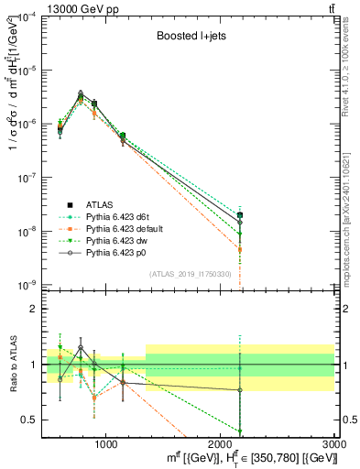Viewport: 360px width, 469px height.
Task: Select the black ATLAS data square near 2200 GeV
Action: pyautogui.click(x=240, y=215)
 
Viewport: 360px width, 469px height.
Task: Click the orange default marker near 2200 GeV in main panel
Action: pyautogui.click(x=240, y=249)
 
